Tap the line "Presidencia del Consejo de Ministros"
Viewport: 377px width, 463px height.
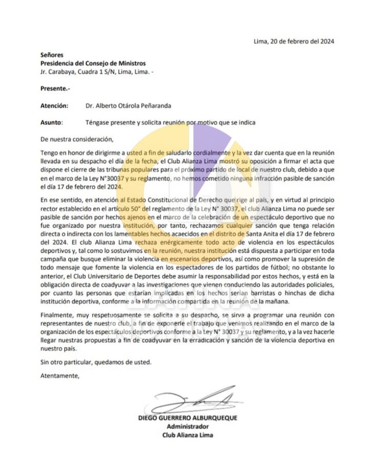93,63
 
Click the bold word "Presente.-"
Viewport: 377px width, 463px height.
56,89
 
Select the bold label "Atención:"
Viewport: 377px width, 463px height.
54,106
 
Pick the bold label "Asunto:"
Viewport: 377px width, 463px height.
52,123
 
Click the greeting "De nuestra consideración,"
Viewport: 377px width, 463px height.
75,138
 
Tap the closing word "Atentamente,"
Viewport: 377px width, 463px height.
60,377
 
